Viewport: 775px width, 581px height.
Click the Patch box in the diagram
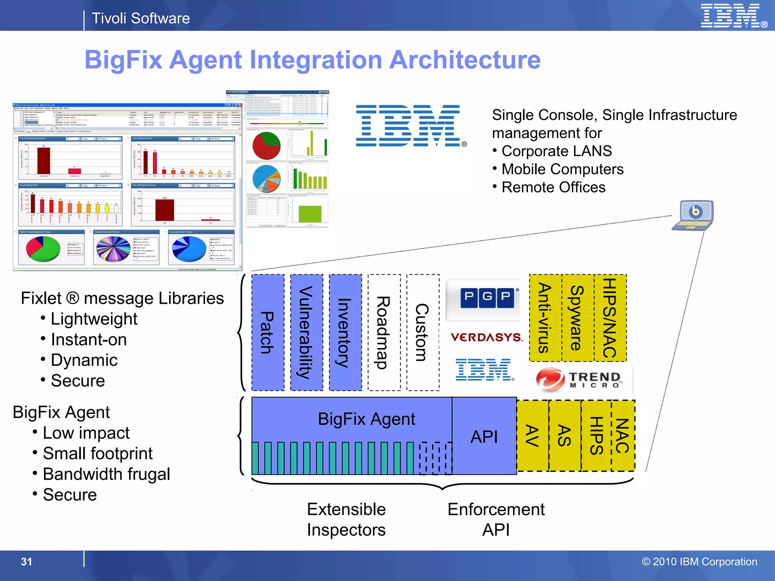tap(268, 332)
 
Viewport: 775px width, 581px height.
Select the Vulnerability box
tap(307, 332)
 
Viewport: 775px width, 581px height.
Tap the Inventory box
tap(345, 332)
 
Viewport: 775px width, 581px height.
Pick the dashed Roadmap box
tap(384, 332)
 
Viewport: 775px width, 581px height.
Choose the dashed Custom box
tap(423, 332)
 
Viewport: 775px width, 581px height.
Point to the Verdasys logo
tap(486, 337)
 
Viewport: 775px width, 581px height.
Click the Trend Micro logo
tap(579, 379)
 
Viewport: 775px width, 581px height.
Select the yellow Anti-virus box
tap(545, 318)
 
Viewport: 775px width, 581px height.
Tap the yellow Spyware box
tap(577, 318)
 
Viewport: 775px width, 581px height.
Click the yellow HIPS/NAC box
tap(610, 318)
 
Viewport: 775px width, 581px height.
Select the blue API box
tap(484, 436)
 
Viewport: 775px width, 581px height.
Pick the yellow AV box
tap(532, 436)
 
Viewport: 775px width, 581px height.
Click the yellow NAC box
tap(623, 436)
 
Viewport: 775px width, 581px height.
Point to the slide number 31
tap(26, 562)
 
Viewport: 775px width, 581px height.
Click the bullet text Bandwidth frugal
tap(106, 474)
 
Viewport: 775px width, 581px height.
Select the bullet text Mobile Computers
tap(562, 169)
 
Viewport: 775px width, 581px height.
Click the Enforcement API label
tap(496, 519)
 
